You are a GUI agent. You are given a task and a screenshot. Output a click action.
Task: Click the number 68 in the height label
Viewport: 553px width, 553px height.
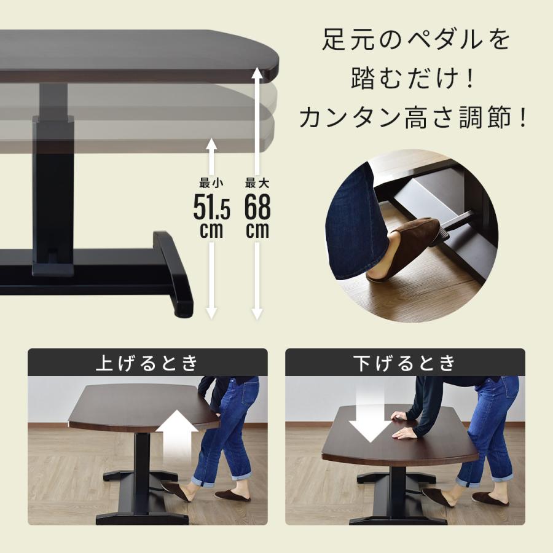point(257,208)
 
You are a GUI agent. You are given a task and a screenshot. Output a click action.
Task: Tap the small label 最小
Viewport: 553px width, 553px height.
point(211,182)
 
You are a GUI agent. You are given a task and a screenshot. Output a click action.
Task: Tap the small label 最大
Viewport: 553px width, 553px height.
point(257,182)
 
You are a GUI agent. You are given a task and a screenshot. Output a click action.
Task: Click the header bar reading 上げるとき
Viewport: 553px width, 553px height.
point(147,363)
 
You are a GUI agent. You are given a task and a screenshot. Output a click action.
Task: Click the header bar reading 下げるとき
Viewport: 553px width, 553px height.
point(405,363)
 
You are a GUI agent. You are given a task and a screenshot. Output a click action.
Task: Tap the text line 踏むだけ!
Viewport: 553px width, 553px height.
point(415,79)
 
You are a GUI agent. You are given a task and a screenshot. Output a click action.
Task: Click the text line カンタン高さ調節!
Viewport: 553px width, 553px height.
point(415,117)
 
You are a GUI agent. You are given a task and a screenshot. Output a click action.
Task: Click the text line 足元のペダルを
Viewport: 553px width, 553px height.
point(415,41)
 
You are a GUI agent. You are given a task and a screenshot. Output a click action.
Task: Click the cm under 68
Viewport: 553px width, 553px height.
point(257,230)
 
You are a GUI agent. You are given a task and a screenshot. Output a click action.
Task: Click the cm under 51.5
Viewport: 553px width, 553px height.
point(211,230)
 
